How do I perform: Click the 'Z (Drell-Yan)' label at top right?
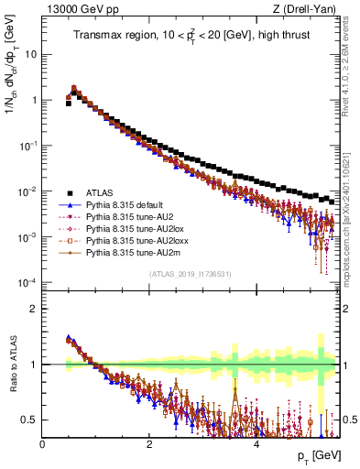tap(306, 10)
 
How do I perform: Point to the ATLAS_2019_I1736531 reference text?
tap(190, 275)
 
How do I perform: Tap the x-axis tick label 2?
tap(149, 444)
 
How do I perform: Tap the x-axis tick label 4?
tap(256, 444)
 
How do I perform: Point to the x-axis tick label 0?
tap(43, 444)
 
